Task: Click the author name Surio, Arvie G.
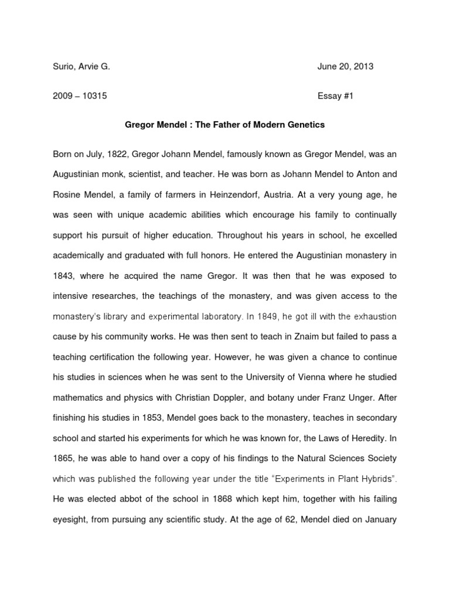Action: (81, 67)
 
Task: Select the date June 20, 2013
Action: (345, 67)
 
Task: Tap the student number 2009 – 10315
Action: (80, 96)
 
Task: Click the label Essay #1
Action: (337, 96)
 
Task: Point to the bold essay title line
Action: (225, 125)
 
